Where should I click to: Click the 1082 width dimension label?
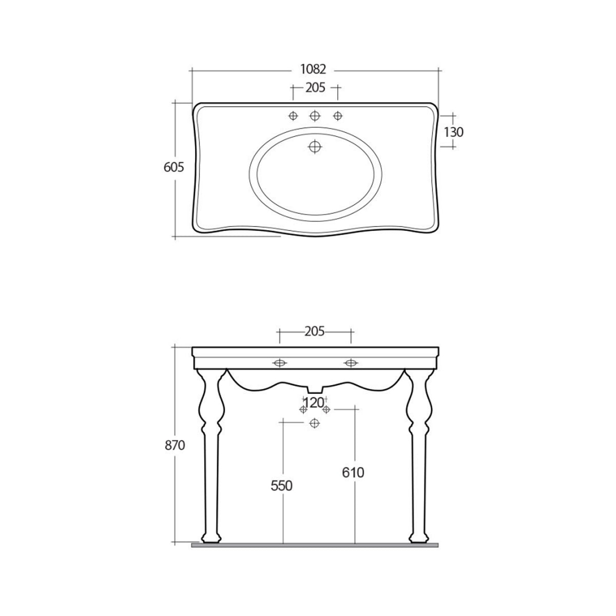tap(314, 70)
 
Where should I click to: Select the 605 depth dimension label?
tap(174, 167)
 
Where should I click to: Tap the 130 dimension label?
tap(453, 132)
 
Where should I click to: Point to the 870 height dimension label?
tap(175, 445)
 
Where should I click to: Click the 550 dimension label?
tap(282, 485)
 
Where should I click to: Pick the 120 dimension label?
tap(314, 402)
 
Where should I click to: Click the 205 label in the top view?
tap(315, 88)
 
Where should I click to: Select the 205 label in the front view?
tap(314, 332)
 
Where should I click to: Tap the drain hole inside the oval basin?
tap(315, 147)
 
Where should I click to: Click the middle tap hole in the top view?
tap(315, 115)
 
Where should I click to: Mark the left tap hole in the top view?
tap(293, 115)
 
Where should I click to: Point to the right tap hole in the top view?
tap(337, 115)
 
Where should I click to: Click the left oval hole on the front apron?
tap(279, 363)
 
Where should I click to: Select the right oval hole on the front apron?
tap(351, 363)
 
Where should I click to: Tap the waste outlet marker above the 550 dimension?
tap(315, 423)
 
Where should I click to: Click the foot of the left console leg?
tap(211, 537)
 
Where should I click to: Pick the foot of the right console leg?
tap(418, 537)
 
